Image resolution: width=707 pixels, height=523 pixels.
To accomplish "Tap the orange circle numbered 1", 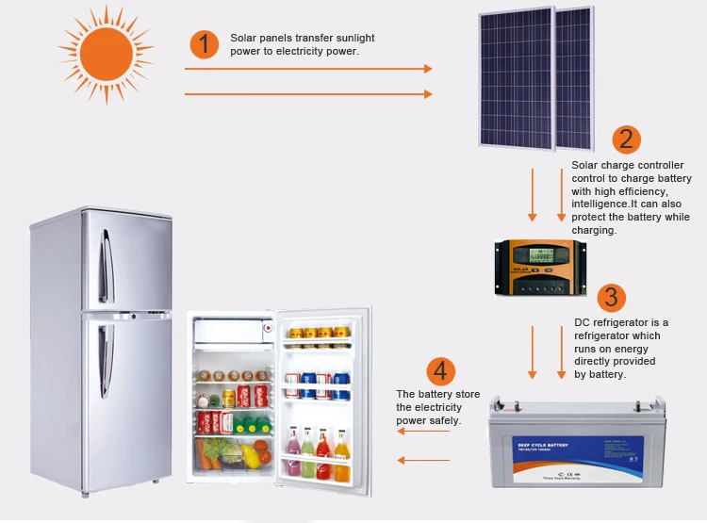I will (204, 45).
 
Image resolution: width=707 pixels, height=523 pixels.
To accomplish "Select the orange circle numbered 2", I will (626, 139).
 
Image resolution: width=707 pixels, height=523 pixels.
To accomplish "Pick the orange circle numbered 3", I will (611, 297).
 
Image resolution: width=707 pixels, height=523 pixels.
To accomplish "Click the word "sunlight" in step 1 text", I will (353, 38).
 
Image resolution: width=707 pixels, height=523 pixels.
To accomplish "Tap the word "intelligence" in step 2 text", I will (603, 204).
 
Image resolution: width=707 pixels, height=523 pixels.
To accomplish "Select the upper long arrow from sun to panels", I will (307, 69).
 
